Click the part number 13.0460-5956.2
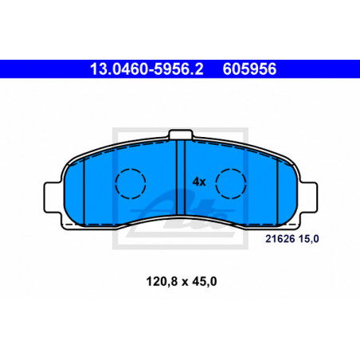(147, 69)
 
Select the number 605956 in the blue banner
(249, 69)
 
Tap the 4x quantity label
(199, 182)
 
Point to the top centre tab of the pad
(181, 135)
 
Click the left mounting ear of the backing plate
(53, 198)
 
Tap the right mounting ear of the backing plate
(308, 198)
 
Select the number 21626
(280, 239)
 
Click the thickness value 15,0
(309, 239)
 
